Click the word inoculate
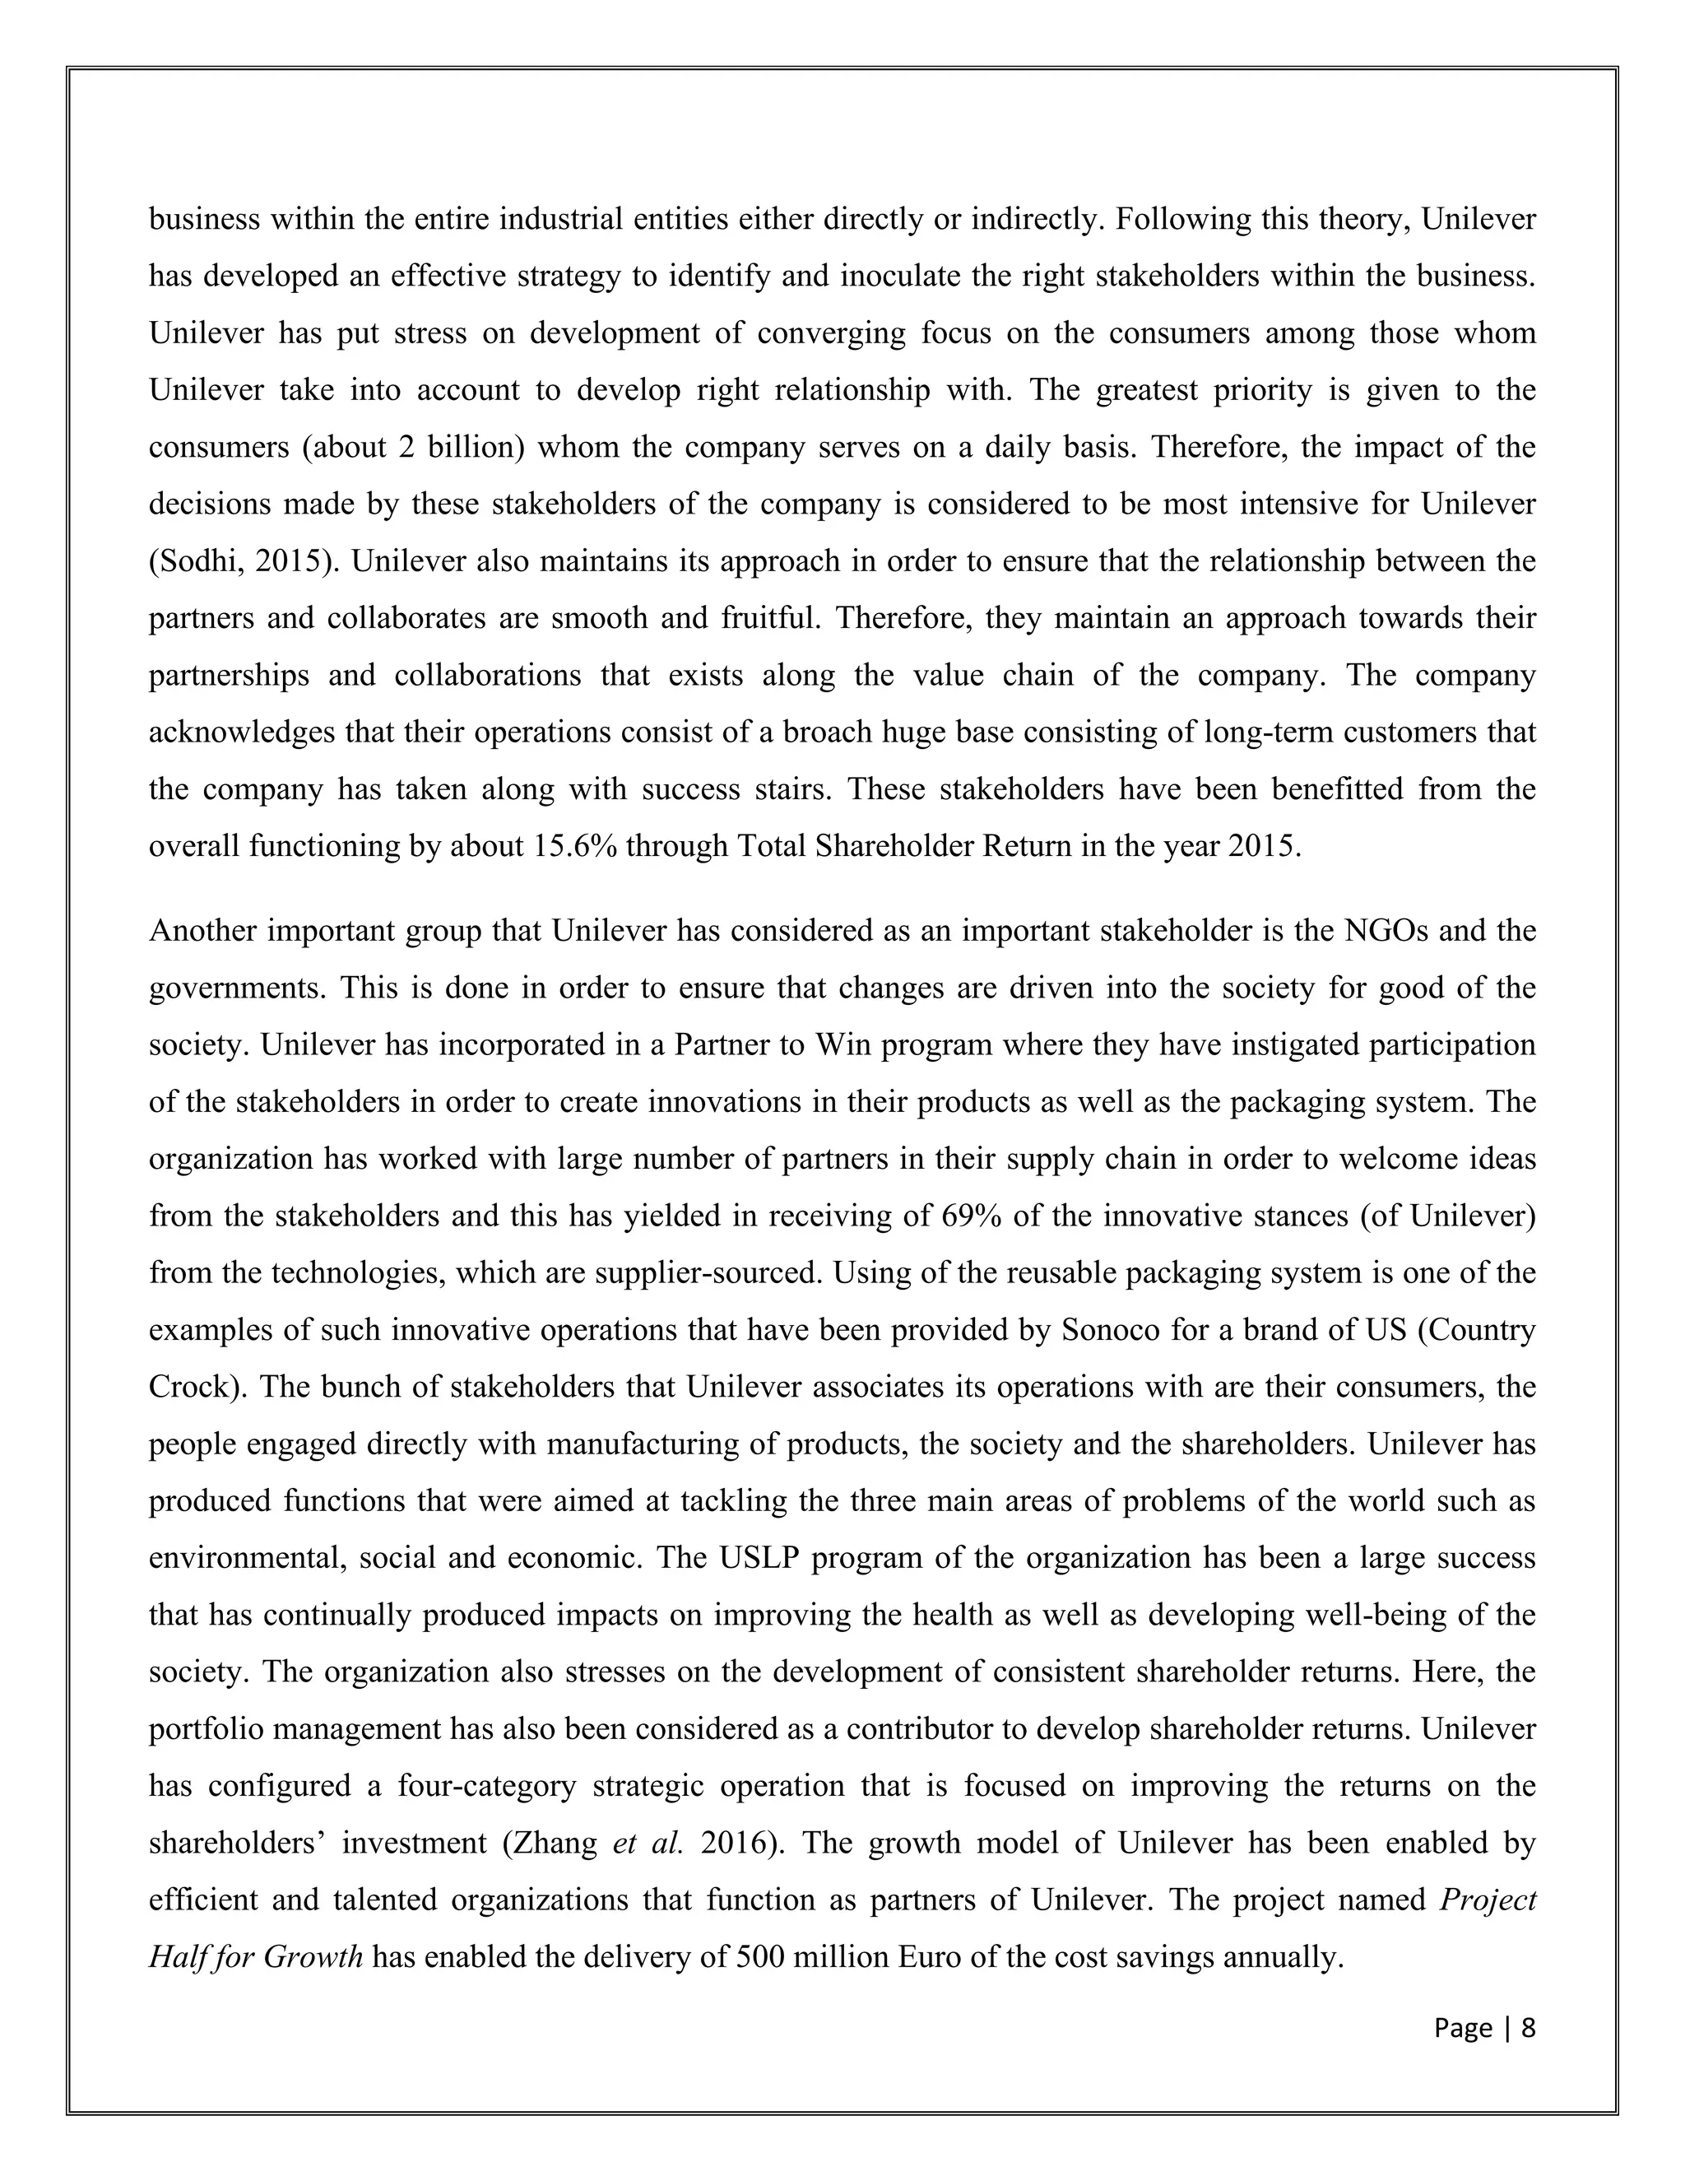pyautogui.click(x=903, y=277)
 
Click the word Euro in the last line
pyautogui.click(x=930, y=1956)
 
